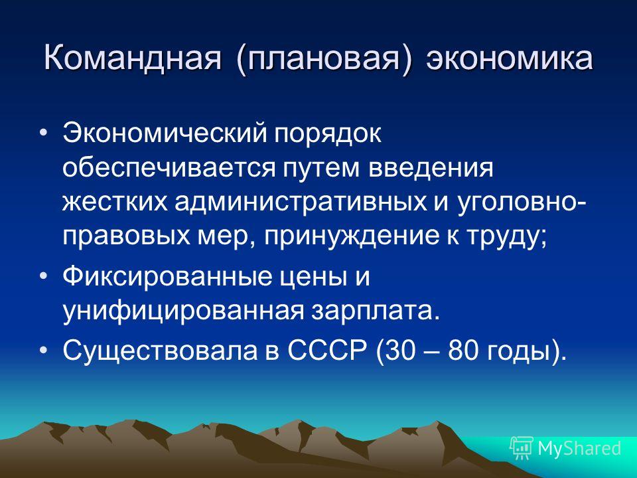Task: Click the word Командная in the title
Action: point(133,58)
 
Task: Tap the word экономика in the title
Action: point(510,58)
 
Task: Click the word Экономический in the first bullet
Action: point(165,133)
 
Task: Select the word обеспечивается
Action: point(168,169)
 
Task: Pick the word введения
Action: point(431,168)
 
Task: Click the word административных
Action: point(301,202)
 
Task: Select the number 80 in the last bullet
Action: point(462,351)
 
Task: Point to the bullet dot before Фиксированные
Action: point(44,276)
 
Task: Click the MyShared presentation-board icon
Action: point(521,448)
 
